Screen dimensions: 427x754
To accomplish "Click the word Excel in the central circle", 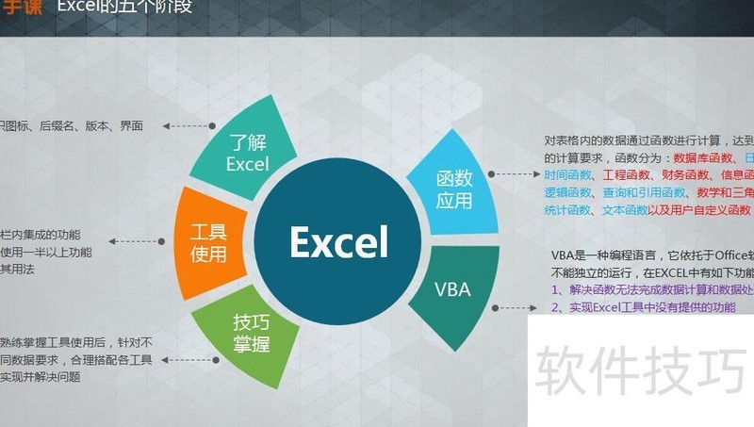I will point(338,242).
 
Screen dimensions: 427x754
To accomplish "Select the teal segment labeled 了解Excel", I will point(247,153).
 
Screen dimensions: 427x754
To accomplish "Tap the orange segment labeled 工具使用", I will point(208,242).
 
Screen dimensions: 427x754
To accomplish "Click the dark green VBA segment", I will point(451,288).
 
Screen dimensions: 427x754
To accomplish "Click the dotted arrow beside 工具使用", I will point(137,242).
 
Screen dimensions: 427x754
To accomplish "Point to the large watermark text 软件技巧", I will point(641,370).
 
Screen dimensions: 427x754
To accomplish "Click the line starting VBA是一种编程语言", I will point(650,255).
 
